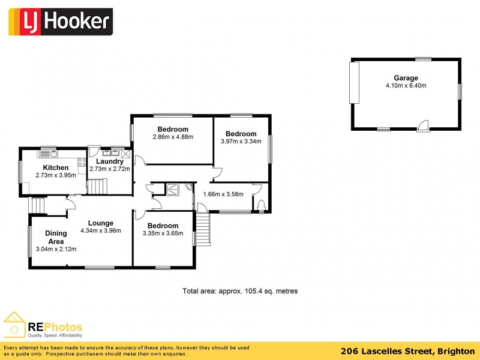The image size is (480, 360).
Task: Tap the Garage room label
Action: pyautogui.click(x=406, y=78)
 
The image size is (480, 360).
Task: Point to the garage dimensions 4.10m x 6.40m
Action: pyautogui.click(x=406, y=86)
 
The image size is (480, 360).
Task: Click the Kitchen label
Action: pyautogui.click(x=56, y=167)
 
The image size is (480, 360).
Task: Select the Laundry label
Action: pyautogui.click(x=110, y=161)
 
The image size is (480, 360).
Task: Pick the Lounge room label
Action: pyautogui.click(x=100, y=223)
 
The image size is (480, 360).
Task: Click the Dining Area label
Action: pyautogui.click(x=56, y=238)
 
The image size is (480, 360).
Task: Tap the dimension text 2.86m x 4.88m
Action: pyautogui.click(x=173, y=137)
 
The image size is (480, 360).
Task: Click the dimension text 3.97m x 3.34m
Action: pyautogui.click(x=241, y=142)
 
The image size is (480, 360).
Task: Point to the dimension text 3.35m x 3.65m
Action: pyautogui.click(x=163, y=233)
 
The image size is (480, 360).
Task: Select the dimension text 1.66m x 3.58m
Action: pyautogui.click(x=223, y=194)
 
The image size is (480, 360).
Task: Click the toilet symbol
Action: pyautogui.click(x=261, y=206)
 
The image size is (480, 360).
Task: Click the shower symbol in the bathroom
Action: pyautogui.click(x=173, y=189)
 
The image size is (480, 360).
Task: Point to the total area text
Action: pyautogui.click(x=240, y=291)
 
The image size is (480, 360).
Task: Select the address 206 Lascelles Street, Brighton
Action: pyautogui.click(x=408, y=352)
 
